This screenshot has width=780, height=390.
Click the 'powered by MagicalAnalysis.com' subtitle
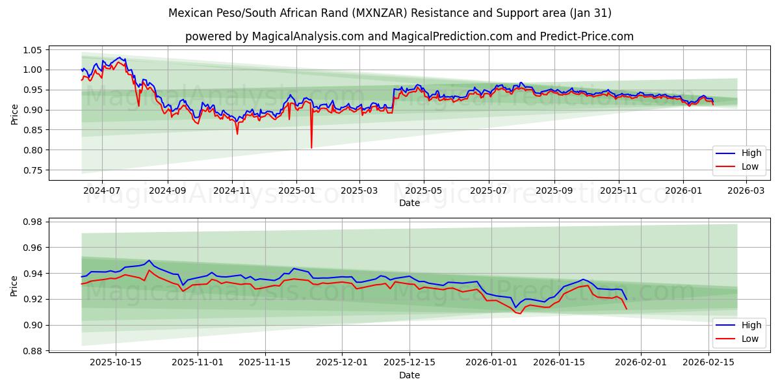409,36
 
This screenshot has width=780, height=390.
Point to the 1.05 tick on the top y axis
32,50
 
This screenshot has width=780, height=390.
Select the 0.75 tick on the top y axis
32,170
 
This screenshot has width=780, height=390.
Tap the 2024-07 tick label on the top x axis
102,191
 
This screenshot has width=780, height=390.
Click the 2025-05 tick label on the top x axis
424,191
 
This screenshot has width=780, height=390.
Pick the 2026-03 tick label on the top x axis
746,191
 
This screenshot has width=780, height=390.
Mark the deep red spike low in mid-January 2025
311,148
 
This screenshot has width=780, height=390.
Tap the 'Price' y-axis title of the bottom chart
14,285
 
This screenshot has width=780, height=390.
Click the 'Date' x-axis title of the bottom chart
409,375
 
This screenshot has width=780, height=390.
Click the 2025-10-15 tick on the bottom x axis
116,363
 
